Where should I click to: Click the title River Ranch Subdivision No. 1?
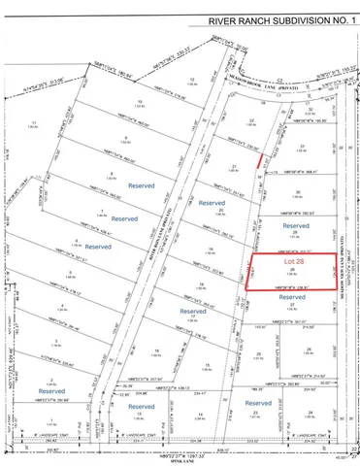click(276, 18)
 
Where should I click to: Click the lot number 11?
click(33, 122)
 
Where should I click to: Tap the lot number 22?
click(251, 121)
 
